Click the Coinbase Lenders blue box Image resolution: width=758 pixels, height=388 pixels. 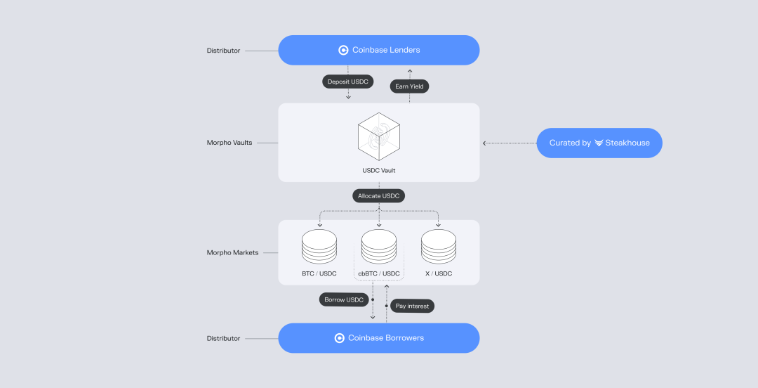(379, 50)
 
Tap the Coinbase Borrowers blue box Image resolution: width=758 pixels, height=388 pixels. (379, 338)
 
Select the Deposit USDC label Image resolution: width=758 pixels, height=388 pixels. (347, 82)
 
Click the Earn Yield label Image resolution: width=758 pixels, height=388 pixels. (410, 86)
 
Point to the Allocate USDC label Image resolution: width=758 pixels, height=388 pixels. (379, 196)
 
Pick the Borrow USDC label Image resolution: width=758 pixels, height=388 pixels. (344, 299)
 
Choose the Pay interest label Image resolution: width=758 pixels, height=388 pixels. (412, 306)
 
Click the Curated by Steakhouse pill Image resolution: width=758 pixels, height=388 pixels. (599, 143)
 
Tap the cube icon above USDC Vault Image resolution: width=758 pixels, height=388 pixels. (379, 136)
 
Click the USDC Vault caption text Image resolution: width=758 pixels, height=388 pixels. (379, 171)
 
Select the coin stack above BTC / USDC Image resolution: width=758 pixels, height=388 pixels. (319, 247)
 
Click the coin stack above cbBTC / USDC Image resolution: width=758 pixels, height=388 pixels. (379, 247)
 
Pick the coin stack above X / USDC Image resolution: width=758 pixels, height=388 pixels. (439, 247)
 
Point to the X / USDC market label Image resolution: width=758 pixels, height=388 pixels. (439, 273)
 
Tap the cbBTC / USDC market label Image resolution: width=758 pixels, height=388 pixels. (379, 273)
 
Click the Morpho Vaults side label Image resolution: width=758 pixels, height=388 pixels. (229, 143)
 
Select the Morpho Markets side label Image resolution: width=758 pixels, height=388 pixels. (232, 252)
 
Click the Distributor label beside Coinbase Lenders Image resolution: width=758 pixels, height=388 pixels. (223, 51)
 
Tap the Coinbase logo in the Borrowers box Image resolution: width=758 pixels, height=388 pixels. (340, 338)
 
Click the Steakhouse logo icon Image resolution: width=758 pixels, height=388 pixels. (599, 143)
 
